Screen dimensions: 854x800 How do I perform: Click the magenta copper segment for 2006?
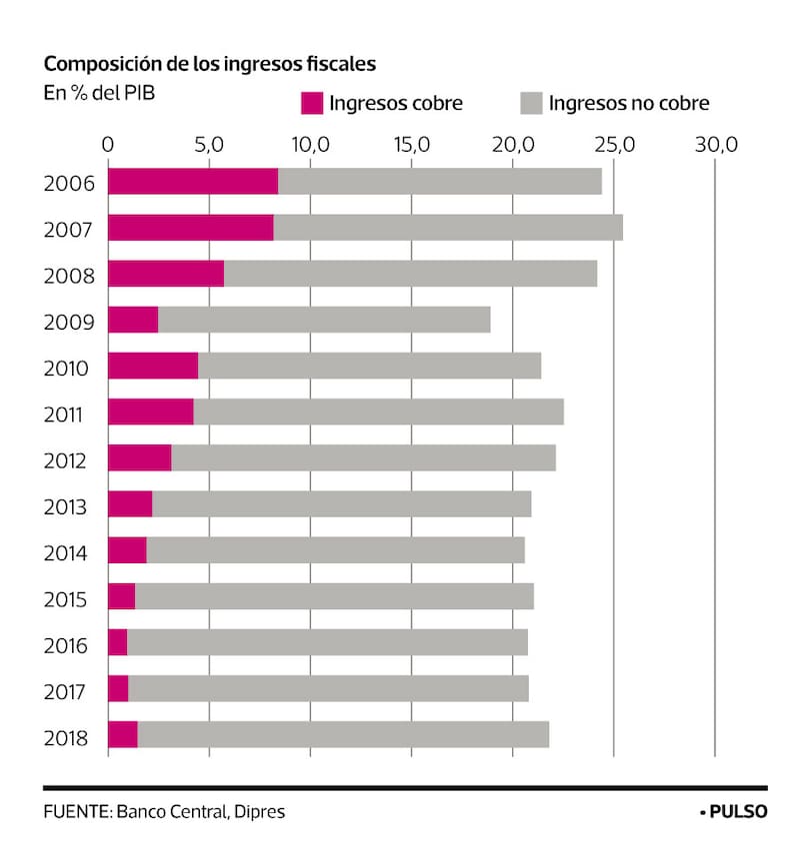click(193, 182)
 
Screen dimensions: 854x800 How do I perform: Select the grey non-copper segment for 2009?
click(324, 320)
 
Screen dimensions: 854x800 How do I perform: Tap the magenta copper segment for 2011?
click(150, 412)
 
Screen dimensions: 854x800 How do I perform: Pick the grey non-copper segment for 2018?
click(343, 734)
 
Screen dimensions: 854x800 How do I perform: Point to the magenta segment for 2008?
click(166, 274)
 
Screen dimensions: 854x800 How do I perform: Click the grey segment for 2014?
click(335, 550)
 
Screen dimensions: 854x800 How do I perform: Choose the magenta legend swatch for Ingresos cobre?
click(312, 103)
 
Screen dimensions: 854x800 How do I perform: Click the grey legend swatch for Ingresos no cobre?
click(531, 103)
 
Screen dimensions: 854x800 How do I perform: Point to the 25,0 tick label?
click(614, 144)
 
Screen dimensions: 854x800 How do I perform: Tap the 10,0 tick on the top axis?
click(311, 144)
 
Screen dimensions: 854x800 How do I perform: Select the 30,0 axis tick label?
click(715, 144)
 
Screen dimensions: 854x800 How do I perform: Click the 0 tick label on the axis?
click(108, 144)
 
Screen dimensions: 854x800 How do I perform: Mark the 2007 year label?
click(69, 230)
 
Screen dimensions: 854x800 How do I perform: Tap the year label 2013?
click(69, 506)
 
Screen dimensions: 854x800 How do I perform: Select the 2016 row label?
click(69, 644)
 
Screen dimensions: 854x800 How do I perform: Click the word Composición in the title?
click(96, 64)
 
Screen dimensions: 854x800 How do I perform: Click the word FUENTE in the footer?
click(76, 811)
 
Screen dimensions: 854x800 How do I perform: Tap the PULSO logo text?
click(738, 811)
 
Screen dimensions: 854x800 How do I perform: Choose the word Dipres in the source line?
click(259, 811)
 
